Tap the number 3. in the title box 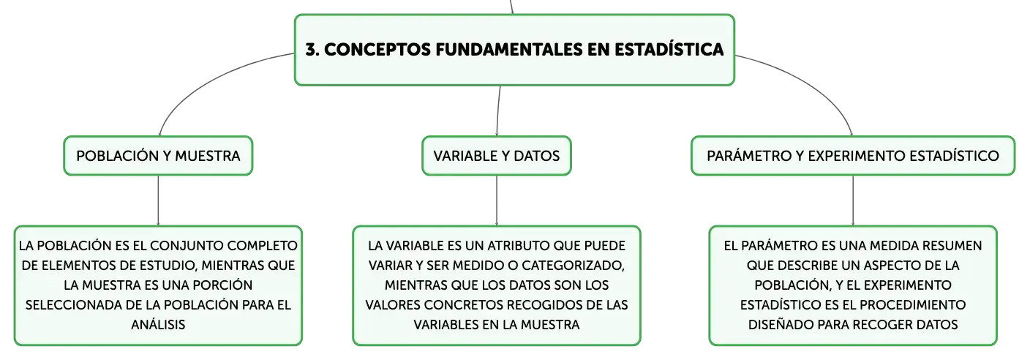(312, 50)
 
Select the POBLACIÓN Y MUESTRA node (158, 156)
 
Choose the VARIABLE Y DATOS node (497, 156)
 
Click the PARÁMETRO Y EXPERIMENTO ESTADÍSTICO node (853, 156)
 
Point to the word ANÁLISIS (158, 325)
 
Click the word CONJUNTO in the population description (187, 246)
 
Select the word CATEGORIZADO (573, 266)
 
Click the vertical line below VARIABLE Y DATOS (497, 200)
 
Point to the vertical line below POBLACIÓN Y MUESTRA (158, 200)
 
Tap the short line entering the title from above (511, 7)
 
